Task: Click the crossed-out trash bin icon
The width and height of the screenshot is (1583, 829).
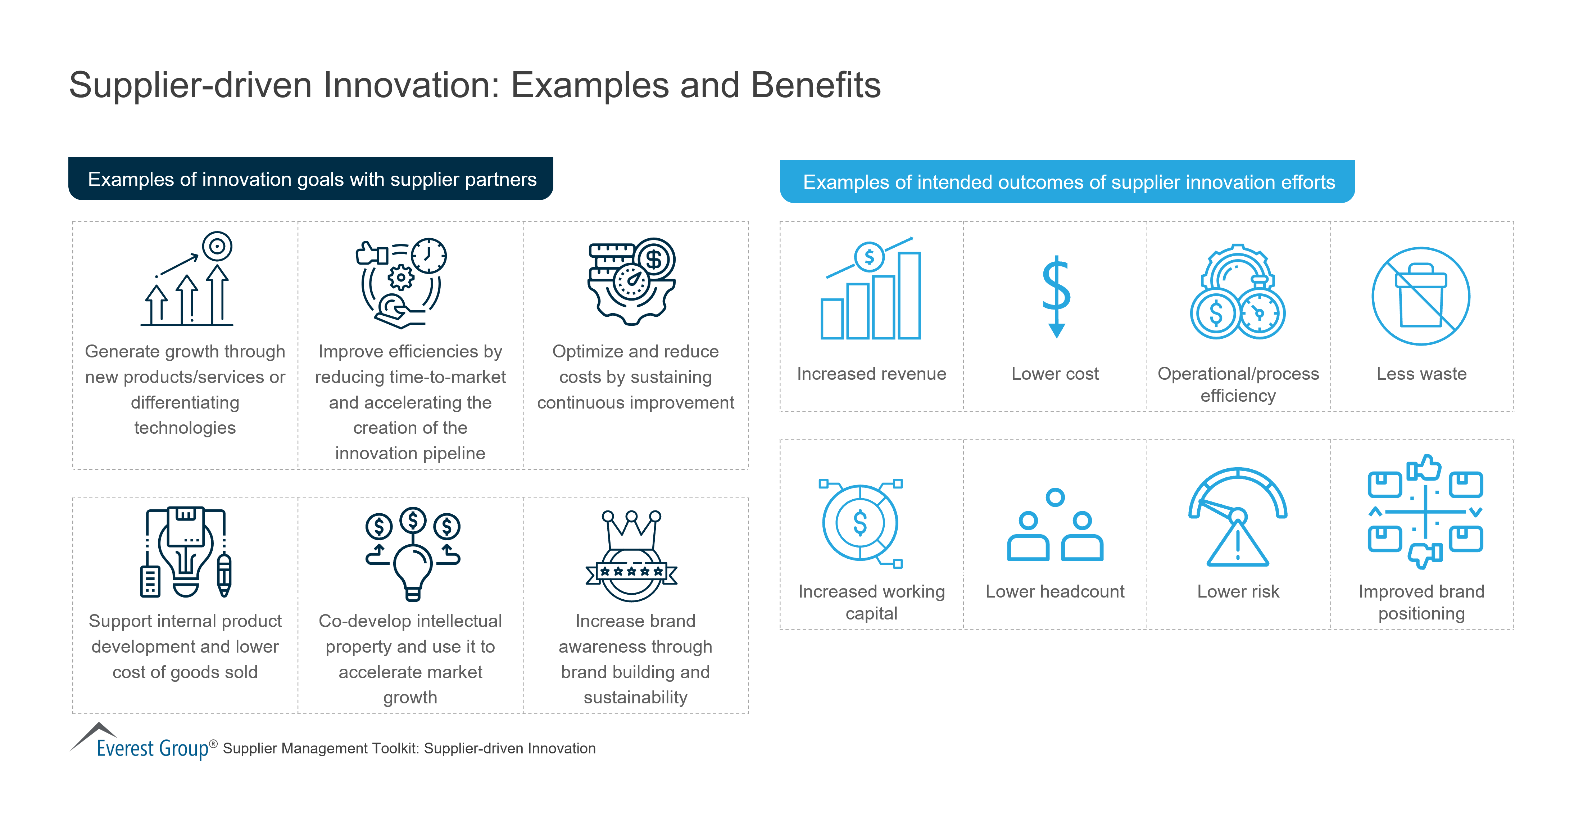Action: click(x=1421, y=296)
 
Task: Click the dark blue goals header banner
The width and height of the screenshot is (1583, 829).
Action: click(x=311, y=179)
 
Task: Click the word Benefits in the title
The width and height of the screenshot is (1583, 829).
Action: click(x=816, y=85)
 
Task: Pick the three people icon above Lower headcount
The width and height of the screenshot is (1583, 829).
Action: click(x=1055, y=526)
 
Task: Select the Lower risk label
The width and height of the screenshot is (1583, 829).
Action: click(x=1238, y=592)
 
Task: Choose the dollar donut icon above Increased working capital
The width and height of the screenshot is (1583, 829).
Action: click(x=860, y=523)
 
